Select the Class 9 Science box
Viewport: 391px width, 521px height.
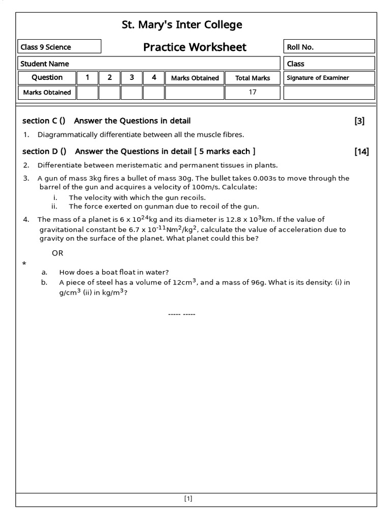(59, 47)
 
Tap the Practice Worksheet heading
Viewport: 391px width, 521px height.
(194, 47)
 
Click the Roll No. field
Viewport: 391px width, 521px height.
(329, 47)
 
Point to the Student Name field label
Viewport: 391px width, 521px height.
(45, 64)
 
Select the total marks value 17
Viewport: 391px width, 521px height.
(253, 92)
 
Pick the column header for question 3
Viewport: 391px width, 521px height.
(132, 78)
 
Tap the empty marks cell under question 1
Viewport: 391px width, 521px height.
(88, 93)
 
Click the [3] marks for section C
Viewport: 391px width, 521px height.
(359, 121)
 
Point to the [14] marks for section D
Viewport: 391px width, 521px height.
(361, 151)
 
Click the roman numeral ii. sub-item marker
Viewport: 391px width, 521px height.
(55, 206)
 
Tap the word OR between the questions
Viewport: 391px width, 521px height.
(58, 253)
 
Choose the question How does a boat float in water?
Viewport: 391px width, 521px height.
(114, 272)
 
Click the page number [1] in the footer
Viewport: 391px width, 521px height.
(188, 499)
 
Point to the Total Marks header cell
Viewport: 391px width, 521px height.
(253, 78)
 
